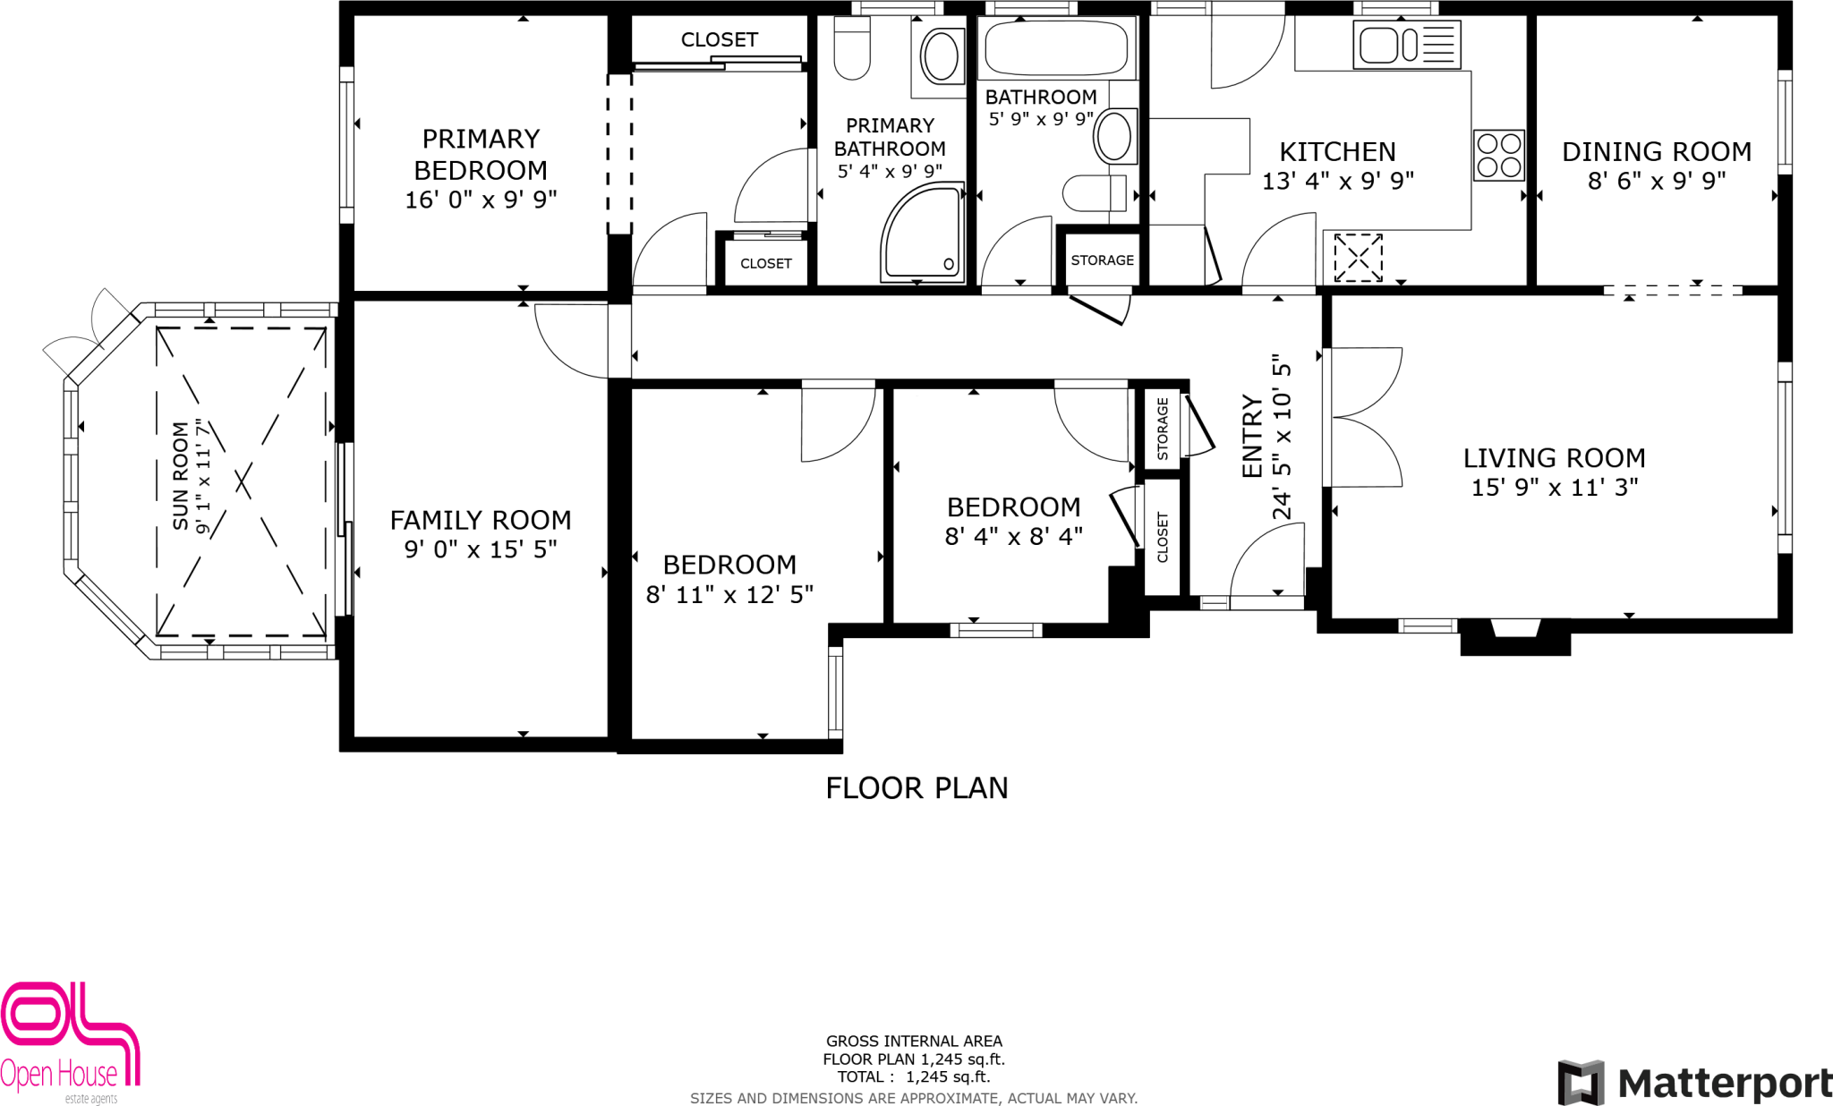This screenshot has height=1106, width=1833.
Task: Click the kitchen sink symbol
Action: pos(1408,45)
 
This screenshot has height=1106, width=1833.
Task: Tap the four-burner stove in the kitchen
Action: pos(1498,155)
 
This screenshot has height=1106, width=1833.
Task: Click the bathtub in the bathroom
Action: pos(1056,47)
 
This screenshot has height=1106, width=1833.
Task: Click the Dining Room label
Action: pos(1656,152)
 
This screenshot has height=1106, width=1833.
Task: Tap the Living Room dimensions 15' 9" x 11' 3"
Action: pos(1555,488)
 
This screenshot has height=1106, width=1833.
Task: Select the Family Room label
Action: pos(480,520)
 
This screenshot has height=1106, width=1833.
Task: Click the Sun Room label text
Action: pos(181,476)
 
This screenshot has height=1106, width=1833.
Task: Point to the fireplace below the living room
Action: pos(1515,635)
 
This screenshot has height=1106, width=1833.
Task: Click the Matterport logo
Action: pos(1693,1083)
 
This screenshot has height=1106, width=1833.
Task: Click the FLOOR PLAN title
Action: pos(916,788)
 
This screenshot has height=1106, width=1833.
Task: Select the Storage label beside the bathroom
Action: pos(1102,260)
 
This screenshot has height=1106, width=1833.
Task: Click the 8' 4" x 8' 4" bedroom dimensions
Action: pos(1013,536)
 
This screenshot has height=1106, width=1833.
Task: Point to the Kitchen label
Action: pos(1337,152)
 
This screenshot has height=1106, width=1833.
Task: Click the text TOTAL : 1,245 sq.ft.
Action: pos(913,1076)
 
